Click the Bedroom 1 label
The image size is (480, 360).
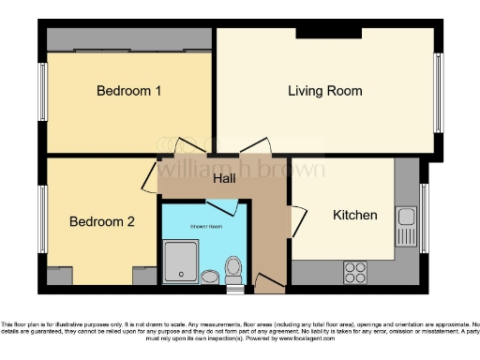129,91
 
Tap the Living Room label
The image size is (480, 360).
324,91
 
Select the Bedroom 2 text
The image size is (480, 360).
102,222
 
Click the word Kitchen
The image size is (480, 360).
355,215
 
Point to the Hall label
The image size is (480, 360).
223,178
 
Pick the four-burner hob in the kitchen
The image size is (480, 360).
356,271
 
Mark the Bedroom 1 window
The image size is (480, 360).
42,92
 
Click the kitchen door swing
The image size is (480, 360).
298,221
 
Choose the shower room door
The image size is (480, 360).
230,208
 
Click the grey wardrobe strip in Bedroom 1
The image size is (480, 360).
129,43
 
